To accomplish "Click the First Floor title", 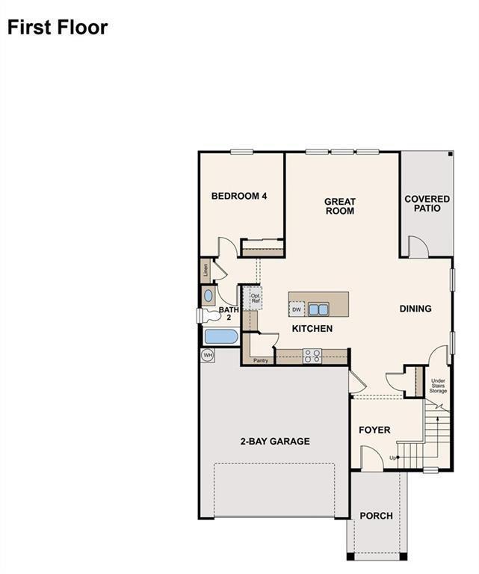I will coord(58,28).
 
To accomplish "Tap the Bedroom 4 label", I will coord(239,197).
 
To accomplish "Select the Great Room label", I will coord(339,206).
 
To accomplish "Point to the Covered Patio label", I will coord(427,204).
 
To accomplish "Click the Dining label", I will coord(415,309).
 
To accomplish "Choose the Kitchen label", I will coord(312,329).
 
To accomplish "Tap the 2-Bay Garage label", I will coord(275,442).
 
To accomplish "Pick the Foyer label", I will coord(374,430).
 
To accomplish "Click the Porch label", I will coord(376,516).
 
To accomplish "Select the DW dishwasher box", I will coord(297,309).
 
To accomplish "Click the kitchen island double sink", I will coord(319,309).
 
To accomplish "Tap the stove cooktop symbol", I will coord(312,356).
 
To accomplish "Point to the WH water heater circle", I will coord(208,355).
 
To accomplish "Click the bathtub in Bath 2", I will coord(220,337).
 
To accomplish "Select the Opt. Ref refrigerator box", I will coord(256,298).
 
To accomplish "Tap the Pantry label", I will coord(260,361).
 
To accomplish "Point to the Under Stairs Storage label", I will coord(438,384).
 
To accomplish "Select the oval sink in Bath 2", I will coord(208,295).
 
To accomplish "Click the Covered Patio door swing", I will coord(417,247).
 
